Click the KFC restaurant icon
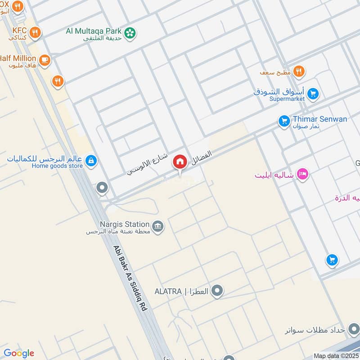click(35, 32)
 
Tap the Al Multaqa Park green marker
click(130, 33)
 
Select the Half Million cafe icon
click(44, 60)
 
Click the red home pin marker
click(180, 162)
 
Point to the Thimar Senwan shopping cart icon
click(283, 121)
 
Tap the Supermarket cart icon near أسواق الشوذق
click(313, 94)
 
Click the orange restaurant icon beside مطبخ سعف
click(298, 71)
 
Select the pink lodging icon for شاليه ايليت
click(303, 174)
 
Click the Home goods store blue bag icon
click(91, 161)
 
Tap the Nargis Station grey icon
click(157, 225)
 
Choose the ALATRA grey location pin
click(217, 291)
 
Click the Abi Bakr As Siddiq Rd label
click(130, 279)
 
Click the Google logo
click(19, 353)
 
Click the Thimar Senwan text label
click(320, 119)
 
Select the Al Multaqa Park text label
click(94, 31)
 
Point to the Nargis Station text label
click(125, 224)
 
